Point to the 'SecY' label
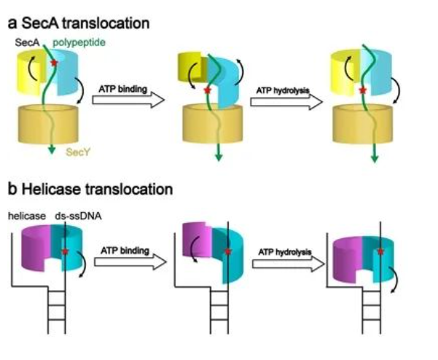[77, 153]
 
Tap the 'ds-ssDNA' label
[76, 216]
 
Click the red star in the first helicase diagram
[66, 251]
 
